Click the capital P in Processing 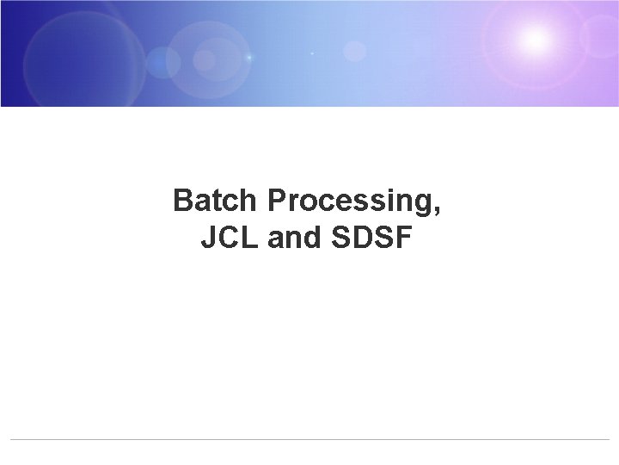[277, 201]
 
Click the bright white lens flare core [535, 38]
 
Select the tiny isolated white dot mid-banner [311, 53]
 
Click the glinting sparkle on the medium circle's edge [249, 57]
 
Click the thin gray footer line [309, 440]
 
